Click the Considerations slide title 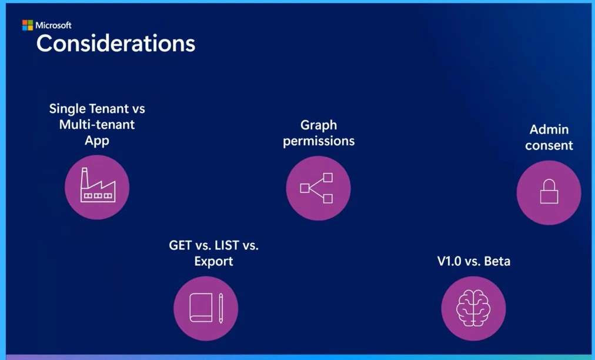click(116, 44)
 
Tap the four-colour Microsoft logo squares click(28, 25)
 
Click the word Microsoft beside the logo click(54, 25)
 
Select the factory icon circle click(97, 187)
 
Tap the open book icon click(200, 308)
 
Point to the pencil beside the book click(221, 308)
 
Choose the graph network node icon click(317, 188)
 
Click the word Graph click(319, 125)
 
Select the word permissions click(319, 141)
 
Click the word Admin click(549, 129)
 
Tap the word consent click(549, 145)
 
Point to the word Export click(213, 261)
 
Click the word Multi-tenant click(97, 125)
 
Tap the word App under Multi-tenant click(97, 141)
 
